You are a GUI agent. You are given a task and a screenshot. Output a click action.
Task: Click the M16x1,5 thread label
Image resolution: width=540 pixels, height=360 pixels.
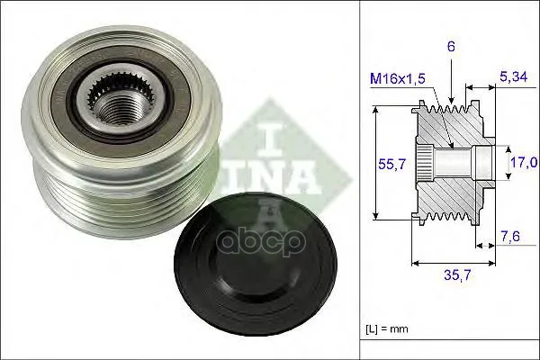pyautogui.click(x=398, y=79)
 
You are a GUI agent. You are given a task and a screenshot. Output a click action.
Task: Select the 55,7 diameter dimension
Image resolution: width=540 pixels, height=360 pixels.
pyautogui.click(x=392, y=165)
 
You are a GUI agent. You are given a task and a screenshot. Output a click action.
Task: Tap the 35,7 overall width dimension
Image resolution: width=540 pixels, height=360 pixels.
pyautogui.click(x=457, y=274)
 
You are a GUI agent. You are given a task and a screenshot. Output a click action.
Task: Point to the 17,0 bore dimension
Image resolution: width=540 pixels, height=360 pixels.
pyautogui.click(x=524, y=162)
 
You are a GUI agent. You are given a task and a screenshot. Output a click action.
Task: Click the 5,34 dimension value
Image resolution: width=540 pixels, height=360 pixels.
pyautogui.click(x=513, y=76)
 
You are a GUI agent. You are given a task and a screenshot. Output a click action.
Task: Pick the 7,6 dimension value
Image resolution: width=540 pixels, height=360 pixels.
pyautogui.click(x=510, y=237)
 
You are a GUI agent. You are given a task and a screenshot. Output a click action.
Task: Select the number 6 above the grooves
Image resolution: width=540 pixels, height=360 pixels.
pyautogui.click(x=451, y=47)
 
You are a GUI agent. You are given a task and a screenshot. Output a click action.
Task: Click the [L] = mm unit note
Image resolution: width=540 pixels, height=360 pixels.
pyautogui.click(x=386, y=328)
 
